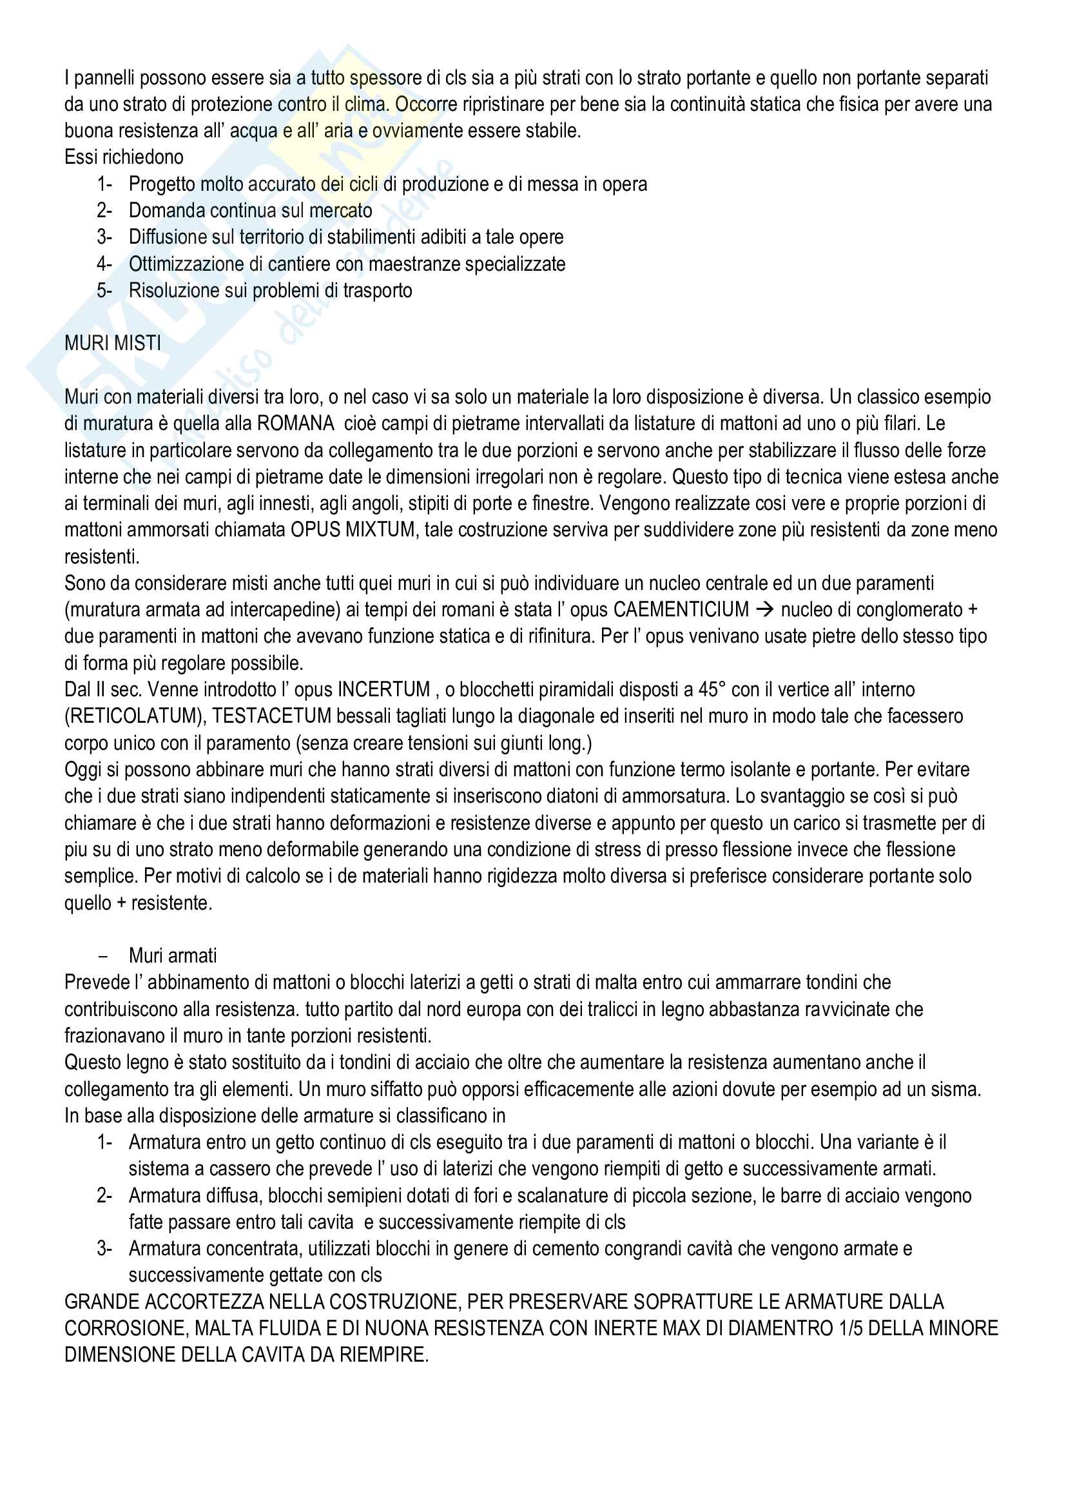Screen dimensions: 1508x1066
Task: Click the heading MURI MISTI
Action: (x=112, y=344)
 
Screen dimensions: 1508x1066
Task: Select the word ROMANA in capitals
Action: (x=295, y=424)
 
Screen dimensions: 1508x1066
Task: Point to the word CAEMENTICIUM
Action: (x=681, y=610)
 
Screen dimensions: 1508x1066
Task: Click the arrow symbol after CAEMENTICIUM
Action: (x=764, y=610)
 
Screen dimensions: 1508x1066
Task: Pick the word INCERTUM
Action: (x=383, y=690)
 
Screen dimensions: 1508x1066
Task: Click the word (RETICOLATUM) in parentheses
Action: (x=135, y=716)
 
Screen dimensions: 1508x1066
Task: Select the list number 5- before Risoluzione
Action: (x=104, y=290)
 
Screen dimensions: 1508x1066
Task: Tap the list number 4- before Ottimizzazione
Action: (x=104, y=264)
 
